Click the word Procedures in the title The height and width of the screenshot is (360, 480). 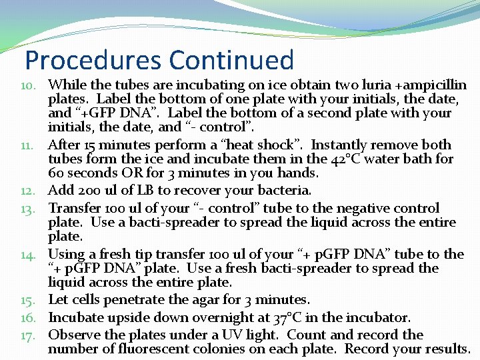click(x=93, y=60)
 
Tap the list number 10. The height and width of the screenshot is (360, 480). click(x=32, y=85)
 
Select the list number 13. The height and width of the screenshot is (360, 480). click(x=32, y=209)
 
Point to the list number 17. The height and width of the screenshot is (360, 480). click(x=32, y=335)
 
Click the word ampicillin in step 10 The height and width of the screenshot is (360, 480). click(x=433, y=85)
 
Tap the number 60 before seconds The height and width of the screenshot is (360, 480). click(x=57, y=173)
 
